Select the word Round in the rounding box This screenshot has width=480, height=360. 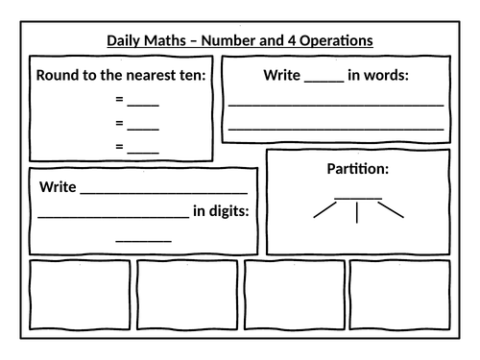[58, 76]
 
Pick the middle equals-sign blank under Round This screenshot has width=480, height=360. [143, 124]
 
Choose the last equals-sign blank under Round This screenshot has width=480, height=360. [143, 147]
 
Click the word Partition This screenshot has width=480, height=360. [357, 169]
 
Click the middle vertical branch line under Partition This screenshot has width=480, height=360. [357, 212]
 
